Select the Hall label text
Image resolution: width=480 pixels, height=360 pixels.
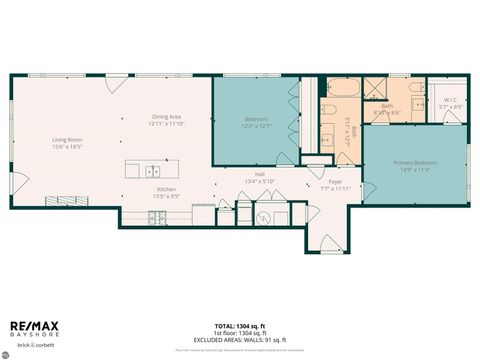tap(259, 175)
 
